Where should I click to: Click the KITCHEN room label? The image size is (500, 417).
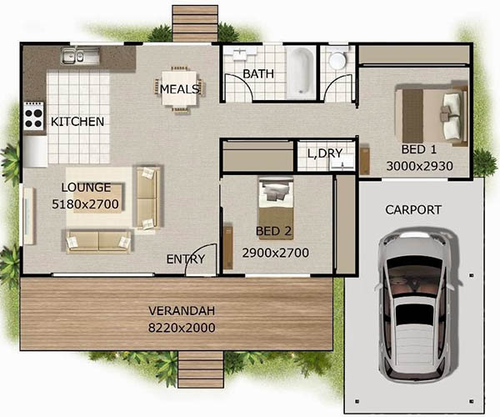[77, 122]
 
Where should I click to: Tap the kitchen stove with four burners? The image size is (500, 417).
[33, 116]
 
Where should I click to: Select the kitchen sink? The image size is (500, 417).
[81, 56]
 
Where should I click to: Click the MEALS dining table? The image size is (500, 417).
[179, 88]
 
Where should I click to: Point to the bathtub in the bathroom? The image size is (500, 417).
[299, 73]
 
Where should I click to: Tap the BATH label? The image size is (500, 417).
[258, 73]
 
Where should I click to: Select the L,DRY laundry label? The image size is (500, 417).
[325, 153]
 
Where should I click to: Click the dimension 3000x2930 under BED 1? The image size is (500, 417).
[419, 166]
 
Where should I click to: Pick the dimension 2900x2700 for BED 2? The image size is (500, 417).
[276, 253]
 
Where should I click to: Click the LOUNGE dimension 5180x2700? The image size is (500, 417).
[85, 204]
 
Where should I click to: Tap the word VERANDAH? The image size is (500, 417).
[182, 311]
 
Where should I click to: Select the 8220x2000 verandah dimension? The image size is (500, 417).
[182, 328]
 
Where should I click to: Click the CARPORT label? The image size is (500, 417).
[413, 209]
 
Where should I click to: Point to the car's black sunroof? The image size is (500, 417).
[414, 312]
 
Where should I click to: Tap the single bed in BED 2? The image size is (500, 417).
[276, 208]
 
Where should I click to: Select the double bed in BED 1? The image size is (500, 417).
[432, 114]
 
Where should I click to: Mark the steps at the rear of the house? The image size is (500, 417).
[195, 23]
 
